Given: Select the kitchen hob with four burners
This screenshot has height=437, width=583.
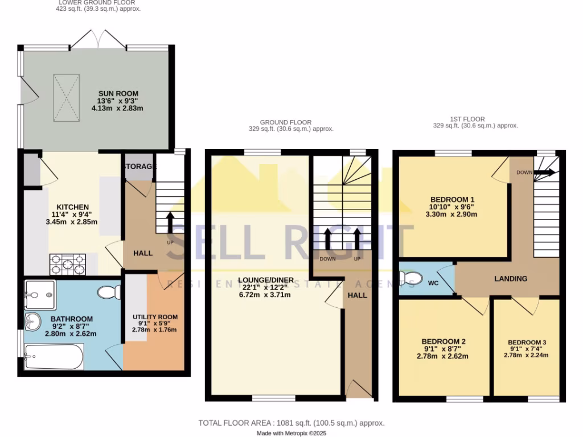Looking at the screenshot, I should [x=68, y=263].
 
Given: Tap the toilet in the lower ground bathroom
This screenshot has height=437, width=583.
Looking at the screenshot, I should [x=108, y=292].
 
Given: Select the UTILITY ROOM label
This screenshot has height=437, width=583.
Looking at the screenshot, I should [x=155, y=317].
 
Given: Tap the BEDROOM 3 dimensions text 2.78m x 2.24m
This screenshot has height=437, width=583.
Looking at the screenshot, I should [x=526, y=355].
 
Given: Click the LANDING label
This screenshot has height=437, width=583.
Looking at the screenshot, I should [x=510, y=278].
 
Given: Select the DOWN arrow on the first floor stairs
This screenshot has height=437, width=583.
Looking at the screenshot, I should [x=544, y=172].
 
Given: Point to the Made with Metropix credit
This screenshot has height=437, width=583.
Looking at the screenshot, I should [x=291, y=434].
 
